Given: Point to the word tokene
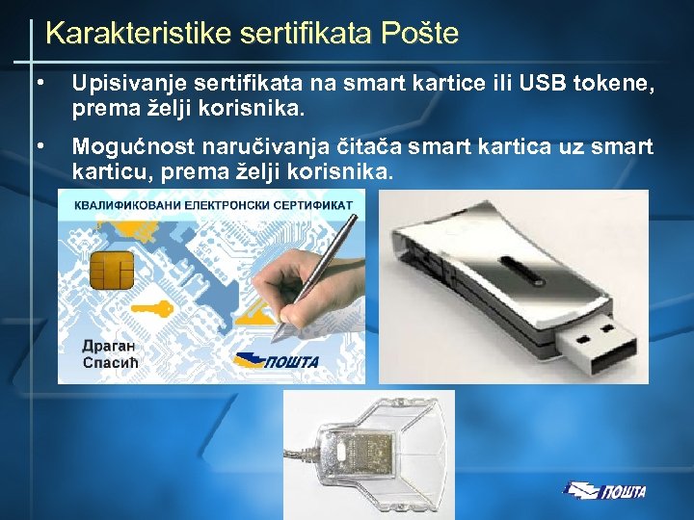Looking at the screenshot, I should pos(616,87).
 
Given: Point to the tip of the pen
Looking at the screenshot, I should pos(274,338).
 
